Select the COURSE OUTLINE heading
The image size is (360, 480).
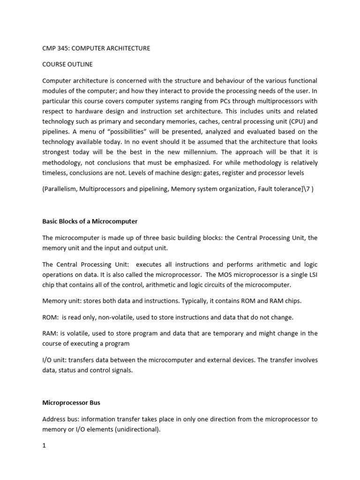coord(68,64)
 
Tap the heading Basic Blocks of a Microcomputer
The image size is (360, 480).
coord(90,221)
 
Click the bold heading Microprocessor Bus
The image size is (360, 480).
coord(71,403)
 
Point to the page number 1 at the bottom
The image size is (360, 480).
coord(44,446)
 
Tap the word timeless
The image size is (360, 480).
coord(55,173)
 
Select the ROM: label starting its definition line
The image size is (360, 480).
coord(51,317)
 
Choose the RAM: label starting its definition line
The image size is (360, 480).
coord(51,333)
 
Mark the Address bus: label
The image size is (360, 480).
coord(61,419)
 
